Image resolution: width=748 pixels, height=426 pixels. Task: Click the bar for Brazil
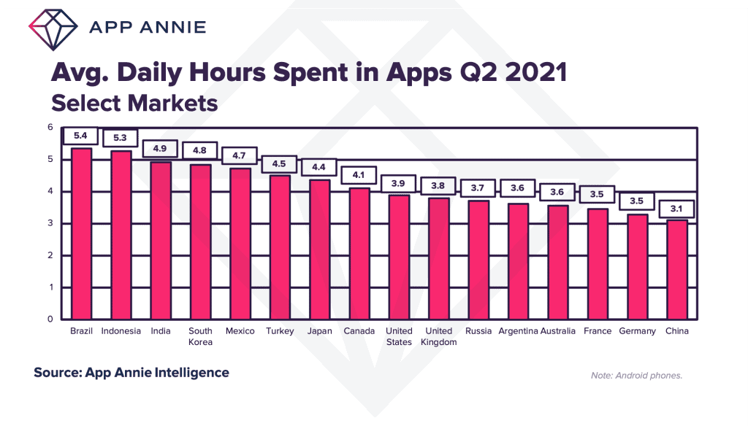(x=81, y=233)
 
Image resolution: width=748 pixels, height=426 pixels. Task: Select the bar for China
(x=677, y=269)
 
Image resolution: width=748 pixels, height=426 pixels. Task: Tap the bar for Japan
(x=319, y=249)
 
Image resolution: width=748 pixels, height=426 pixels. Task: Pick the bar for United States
(x=399, y=257)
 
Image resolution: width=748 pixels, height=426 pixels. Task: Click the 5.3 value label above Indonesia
(x=121, y=137)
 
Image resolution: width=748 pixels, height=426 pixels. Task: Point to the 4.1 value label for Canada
(x=359, y=175)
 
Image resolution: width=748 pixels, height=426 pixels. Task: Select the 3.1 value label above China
(x=678, y=209)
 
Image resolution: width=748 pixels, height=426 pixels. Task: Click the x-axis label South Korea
(x=200, y=336)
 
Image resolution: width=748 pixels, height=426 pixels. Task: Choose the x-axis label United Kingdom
(x=439, y=336)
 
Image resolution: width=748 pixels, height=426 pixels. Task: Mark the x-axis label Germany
(x=637, y=331)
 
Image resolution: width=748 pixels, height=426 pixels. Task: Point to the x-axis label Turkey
(x=280, y=331)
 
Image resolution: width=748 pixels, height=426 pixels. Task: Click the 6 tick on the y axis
(x=50, y=127)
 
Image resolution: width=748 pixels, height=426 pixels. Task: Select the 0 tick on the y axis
(x=50, y=319)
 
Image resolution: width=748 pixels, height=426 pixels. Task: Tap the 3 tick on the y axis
(x=50, y=223)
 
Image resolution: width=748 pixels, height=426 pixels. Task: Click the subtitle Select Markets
(x=134, y=103)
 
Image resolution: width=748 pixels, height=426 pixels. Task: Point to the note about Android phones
(x=636, y=376)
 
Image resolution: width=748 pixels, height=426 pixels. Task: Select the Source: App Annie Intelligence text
(x=131, y=373)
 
